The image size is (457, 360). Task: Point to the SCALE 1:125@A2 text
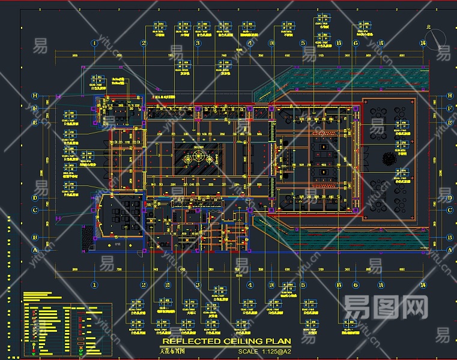(x=264, y=351)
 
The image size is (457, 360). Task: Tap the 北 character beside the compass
(x=428, y=28)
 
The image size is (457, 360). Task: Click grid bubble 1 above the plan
(x=94, y=43)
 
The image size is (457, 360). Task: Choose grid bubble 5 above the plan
(x=303, y=43)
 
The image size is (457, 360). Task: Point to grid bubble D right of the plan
(x=449, y=198)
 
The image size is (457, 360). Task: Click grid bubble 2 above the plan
(x=144, y=43)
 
